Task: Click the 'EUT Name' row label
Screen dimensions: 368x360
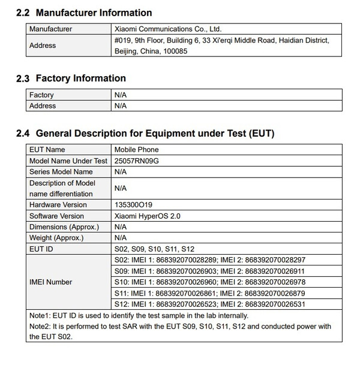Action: (x=47, y=149)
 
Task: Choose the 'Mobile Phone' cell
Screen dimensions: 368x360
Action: (x=136, y=149)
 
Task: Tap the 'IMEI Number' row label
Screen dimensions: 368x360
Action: (x=51, y=282)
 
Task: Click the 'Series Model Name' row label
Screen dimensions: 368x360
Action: (x=61, y=171)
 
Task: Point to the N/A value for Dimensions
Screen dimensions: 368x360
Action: (x=120, y=227)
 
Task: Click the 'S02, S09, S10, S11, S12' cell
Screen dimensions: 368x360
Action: (x=154, y=249)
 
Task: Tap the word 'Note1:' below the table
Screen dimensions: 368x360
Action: (x=40, y=315)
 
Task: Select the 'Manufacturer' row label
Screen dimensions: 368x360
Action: (x=51, y=29)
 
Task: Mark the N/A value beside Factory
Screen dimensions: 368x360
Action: (x=120, y=95)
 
